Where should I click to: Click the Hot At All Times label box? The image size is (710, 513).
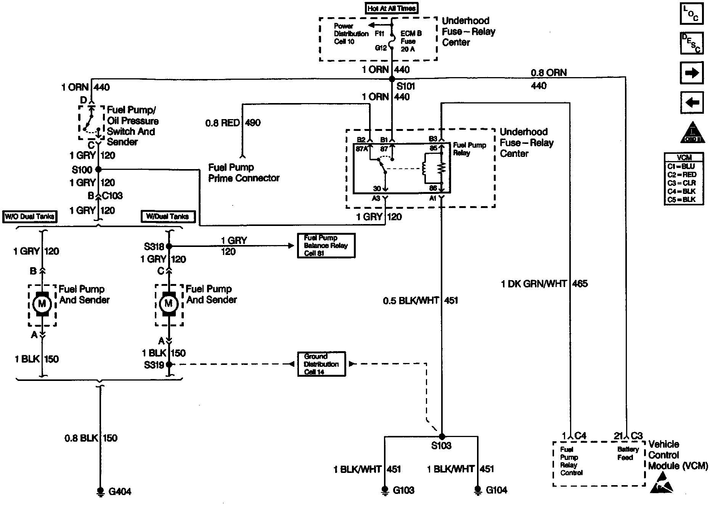click(x=392, y=8)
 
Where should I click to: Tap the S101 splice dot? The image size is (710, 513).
click(x=392, y=79)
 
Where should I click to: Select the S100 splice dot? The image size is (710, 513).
click(x=98, y=169)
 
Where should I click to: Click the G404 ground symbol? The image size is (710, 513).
click(x=101, y=491)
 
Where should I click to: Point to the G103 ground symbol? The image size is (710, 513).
click(x=385, y=489)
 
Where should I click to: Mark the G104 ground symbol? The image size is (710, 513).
click(x=477, y=489)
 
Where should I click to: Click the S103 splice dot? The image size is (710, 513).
click(x=442, y=436)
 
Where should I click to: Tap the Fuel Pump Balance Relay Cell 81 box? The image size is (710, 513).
click(x=326, y=246)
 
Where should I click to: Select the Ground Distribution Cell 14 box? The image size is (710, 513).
click(x=321, y=364)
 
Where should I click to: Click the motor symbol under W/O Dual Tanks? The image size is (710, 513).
click(x=42, y=304)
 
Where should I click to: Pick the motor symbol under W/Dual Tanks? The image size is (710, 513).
click(x=169, y=304)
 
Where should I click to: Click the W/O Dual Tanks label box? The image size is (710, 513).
click(x=29, y=217)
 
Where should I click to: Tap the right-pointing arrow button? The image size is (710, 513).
click(x=692, y=73)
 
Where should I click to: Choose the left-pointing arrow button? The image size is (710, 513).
click(x=692, y=103)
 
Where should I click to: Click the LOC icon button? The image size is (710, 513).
click(x=692, y=14)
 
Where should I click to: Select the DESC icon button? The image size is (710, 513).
click(x=692, y=43)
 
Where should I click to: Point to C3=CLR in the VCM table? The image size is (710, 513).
click(x=681, y=183)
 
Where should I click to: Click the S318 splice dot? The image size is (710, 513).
click(x=169, y=247)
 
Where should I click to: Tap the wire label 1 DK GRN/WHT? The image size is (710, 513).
click(x=534, y=284)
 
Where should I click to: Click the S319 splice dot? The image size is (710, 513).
click(x=169, y=365)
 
